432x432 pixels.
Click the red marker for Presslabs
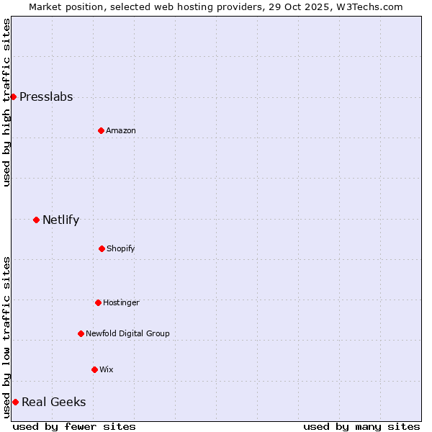click(13, 96)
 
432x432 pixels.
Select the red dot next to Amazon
click(101, 130)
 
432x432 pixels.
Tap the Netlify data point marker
click(36, 220)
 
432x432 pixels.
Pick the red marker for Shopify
click(102, 248)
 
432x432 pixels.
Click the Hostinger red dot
click(98, 302)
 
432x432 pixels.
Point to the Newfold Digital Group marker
click(81, 333)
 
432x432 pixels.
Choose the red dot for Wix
click(94, 369)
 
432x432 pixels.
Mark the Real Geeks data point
click(15, 402)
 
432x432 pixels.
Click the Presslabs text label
click(46, 97)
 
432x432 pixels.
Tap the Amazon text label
click(121, 130)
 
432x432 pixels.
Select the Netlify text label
click(60, 220)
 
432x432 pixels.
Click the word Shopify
click(121, 248)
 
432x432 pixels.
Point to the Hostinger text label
click(121, 302)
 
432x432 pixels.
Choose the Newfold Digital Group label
click(127, 333)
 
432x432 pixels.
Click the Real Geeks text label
click(53, 402)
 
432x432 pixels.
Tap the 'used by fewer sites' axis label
click(74, 426)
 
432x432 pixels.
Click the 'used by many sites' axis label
click(361, 426)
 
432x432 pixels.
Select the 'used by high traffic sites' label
click(6, 102)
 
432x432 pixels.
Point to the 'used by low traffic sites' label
click(6, 337)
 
